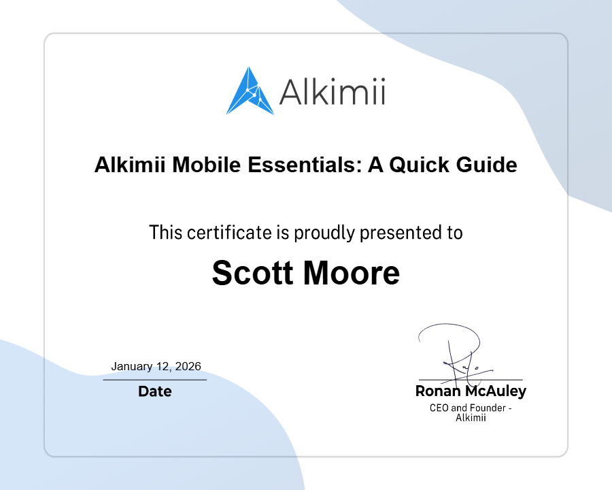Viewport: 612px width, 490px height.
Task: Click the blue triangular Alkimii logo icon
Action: pyautogui.click(x=249, y=93)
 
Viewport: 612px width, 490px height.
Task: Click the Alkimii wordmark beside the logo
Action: pyautogui.click(x=333, y=92)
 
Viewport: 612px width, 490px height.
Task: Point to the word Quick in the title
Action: pyautogui.click(x=419, y=165)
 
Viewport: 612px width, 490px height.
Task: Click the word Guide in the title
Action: pyautogui.click(x=486, y=165)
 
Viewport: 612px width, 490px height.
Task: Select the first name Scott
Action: pyautogui.click(x=253, y=273)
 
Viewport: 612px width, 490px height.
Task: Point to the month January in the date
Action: pyautogui.click(x=132, y=367)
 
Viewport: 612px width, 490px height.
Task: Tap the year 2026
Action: pyautogui.click(x=188, y=367)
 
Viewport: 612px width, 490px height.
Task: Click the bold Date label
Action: pyautogui.click(x=155, y=392)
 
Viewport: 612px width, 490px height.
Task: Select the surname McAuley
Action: pyautogui.click(x=496, y=392)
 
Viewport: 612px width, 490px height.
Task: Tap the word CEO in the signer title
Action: pyautogui.click(x=439, y=408)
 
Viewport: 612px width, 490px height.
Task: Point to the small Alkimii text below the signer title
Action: pyautogui.click(x=471, y=418)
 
